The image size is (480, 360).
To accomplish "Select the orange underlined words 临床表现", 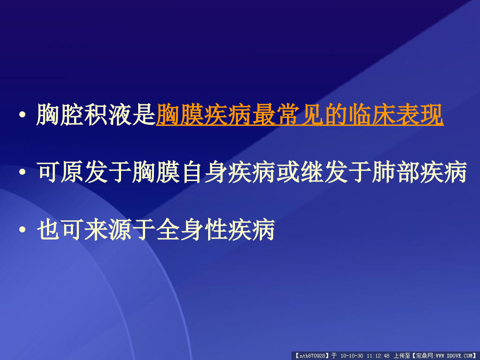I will [395, 115].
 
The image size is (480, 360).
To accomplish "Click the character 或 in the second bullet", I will [287, 173].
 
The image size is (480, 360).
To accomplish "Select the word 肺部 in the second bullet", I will [395, 173].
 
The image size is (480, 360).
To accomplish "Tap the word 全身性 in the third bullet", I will [191, 230].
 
